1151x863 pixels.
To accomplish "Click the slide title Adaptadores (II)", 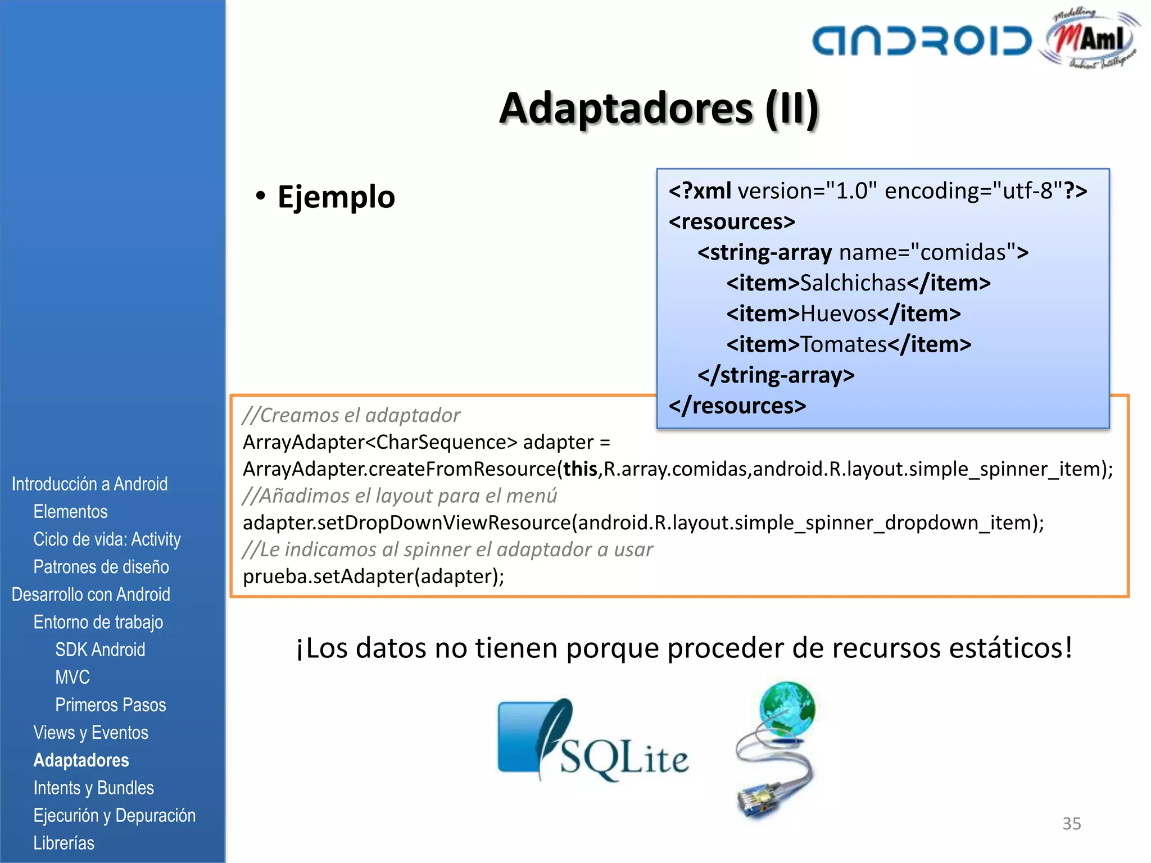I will tap(659, 108).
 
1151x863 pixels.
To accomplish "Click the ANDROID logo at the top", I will tap(922, 40).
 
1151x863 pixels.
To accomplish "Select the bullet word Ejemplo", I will tap(336, 197).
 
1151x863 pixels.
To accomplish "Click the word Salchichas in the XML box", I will tap(853, 283).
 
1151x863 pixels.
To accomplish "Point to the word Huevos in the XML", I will tap(838, 314).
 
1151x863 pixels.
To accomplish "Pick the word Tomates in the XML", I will tap(843, 344).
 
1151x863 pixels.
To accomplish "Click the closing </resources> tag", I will tap(737, 406).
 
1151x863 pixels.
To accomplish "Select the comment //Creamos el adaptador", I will tap(351, 415).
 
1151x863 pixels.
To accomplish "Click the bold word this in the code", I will tap(580, 469).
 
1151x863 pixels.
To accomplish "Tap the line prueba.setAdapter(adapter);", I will tap(373, 576).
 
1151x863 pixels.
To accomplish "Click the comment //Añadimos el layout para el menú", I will tap(400, 496).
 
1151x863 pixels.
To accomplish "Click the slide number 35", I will tap(1071, 824).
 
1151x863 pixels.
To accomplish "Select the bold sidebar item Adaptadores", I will tap(81, 760).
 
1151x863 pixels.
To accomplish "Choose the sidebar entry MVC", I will tap(72, 678).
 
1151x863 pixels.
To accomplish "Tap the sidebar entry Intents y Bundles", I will tap(93, 788).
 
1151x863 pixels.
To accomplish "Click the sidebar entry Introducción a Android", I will tap(89, 484).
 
